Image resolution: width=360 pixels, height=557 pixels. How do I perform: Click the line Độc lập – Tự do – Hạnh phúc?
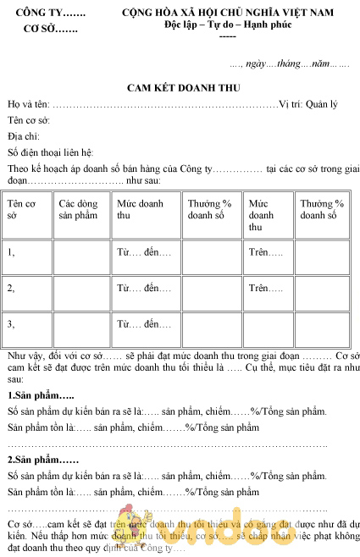[x=227, y=25]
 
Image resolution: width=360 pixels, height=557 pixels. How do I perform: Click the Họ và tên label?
[x=27, y=104]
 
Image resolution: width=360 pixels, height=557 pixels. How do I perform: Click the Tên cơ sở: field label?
[x=28, y=120]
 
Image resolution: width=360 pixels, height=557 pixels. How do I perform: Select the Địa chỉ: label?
[x=24, y=136]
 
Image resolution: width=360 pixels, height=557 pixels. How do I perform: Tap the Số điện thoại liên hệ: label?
[x=50, y=152]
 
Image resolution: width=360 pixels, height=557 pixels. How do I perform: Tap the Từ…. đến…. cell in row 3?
[x=144, y=323]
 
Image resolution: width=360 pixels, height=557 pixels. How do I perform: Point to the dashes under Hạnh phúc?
[x=227, y=36]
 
